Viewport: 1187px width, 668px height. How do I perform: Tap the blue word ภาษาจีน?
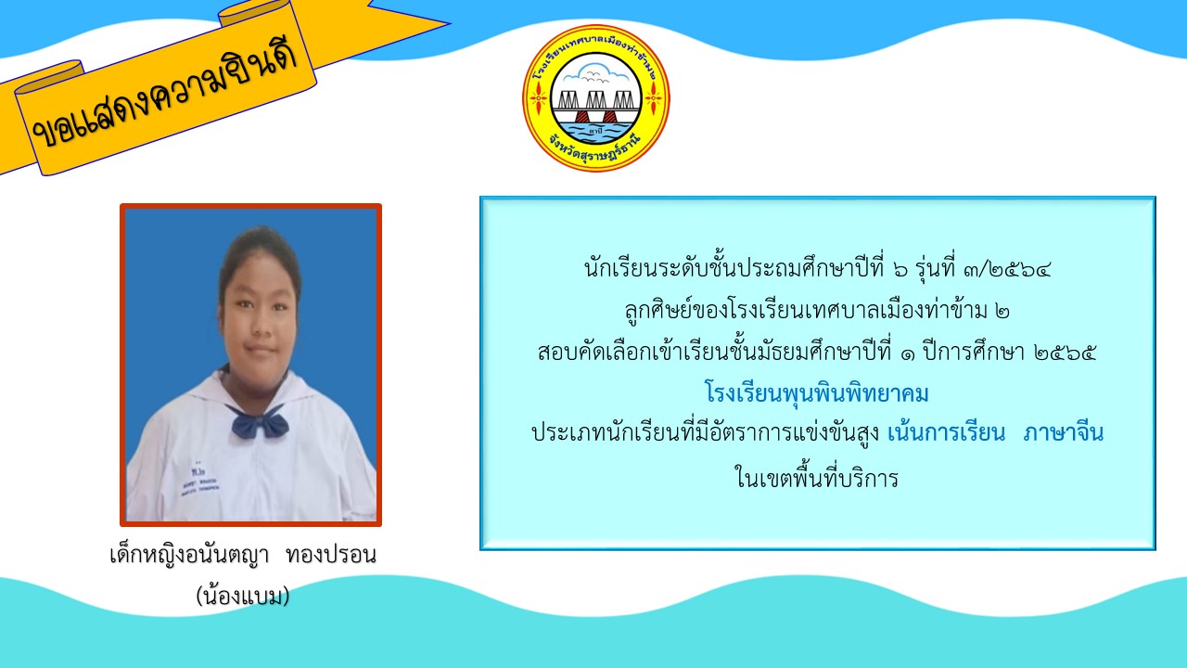1064,433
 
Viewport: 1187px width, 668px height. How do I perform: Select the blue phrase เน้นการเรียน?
946,432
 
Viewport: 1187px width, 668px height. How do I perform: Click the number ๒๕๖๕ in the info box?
1065,352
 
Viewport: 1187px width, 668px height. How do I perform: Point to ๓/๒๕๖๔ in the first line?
1007,270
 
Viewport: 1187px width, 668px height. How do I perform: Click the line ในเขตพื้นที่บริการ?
817,477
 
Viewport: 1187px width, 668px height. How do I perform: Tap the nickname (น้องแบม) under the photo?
243,596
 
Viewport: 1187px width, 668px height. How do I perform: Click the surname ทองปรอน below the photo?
331,556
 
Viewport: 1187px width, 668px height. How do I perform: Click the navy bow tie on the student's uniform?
258,421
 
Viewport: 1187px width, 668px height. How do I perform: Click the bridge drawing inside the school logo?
595,106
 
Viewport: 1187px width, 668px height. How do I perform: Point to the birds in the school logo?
594,77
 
